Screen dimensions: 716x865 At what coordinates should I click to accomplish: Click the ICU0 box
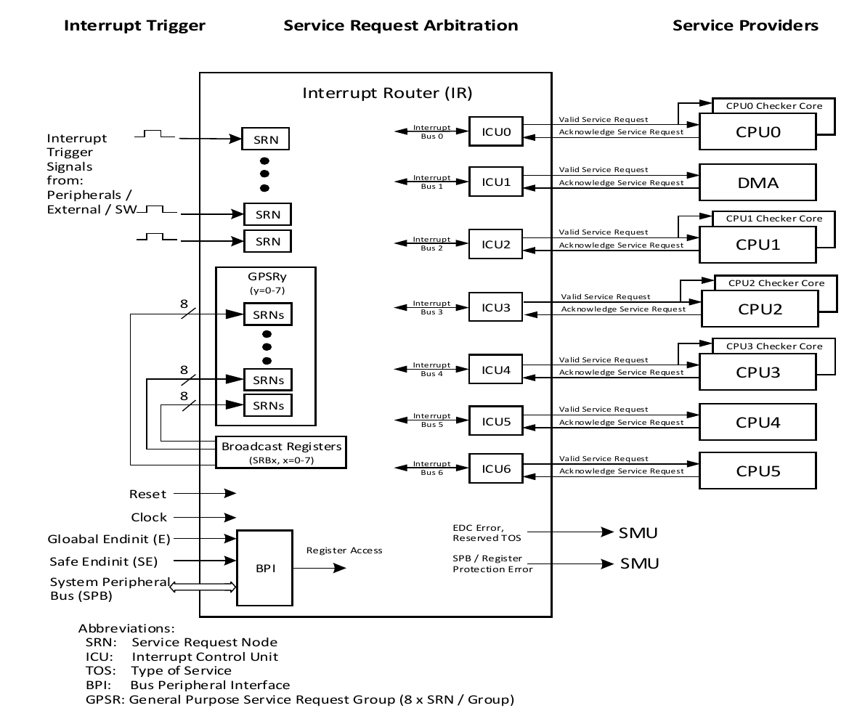[x=495, y=132]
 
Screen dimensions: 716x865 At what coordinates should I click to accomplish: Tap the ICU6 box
[x=496, y=469]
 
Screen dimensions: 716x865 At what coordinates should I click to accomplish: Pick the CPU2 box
[x=760, y=308]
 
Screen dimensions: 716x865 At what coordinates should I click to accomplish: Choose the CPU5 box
[x=758, y=470]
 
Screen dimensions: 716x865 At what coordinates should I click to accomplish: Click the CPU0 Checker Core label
[x=774, y=106]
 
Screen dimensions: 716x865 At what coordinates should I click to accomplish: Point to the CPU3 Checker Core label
[x=774, y=346]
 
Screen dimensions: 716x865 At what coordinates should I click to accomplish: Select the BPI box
[x=264, y=568]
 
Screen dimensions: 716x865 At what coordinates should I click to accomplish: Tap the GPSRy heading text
[x=266, y=277]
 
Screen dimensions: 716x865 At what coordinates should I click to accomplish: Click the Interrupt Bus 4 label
[x=432, y=369]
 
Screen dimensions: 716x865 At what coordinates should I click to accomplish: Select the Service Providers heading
[x=745, y=25]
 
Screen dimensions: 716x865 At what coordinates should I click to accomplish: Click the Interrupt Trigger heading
[x=135, y=25]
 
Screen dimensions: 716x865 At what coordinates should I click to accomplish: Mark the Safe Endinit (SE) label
[x=103, y=561]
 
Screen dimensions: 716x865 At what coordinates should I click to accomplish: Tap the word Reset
[x=148, y=494]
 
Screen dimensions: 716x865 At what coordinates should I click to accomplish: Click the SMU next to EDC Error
[x=638, y=534]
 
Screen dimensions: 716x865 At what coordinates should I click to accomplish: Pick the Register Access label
[x=344, y=550]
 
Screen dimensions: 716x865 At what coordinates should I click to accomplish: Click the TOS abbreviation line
[x=158, y=670]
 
